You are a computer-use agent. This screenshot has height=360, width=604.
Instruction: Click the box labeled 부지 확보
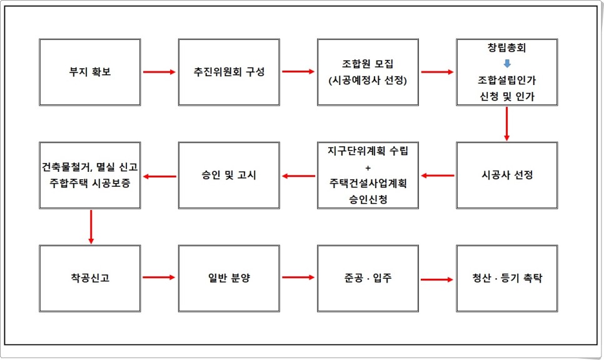pyautogui.click(x=89, y=72)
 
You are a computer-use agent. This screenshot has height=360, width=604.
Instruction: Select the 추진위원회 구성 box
pyautogui.click(x=228, y=72)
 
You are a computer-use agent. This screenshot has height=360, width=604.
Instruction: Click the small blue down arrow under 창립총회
pyautogui.click(x=507, y=63)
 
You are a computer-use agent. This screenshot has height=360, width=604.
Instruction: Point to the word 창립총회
pyautogui.click(x=507, y=48)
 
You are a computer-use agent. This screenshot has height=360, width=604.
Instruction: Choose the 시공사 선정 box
pyautogui.click(x=507, y=175)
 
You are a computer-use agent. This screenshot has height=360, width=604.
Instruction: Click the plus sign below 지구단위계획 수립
pyautogui.click(x=368, y=167)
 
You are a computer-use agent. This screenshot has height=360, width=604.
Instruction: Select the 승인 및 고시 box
pyautogui.click(x=228, y=175)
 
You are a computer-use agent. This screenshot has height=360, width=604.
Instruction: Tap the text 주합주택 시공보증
pyautogui.click(x=89, y=183)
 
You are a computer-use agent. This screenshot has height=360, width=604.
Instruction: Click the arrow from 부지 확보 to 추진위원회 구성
pyautogui.click(x=159, y=72)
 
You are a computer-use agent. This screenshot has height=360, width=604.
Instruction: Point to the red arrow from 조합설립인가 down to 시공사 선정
pyautogui.click(x=507, y=123)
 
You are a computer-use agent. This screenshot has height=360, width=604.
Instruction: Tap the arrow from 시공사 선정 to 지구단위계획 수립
pyautogui.click(x=438, y=176)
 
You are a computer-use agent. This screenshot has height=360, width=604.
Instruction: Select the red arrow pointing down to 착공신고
pyautogui.click(x=91, y=226)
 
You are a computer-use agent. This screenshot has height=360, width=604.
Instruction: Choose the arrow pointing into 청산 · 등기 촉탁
pyautogui.click(x=438, y=279)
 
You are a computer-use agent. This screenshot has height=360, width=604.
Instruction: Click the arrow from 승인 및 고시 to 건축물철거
pyautogui.click(x=159, y=176)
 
